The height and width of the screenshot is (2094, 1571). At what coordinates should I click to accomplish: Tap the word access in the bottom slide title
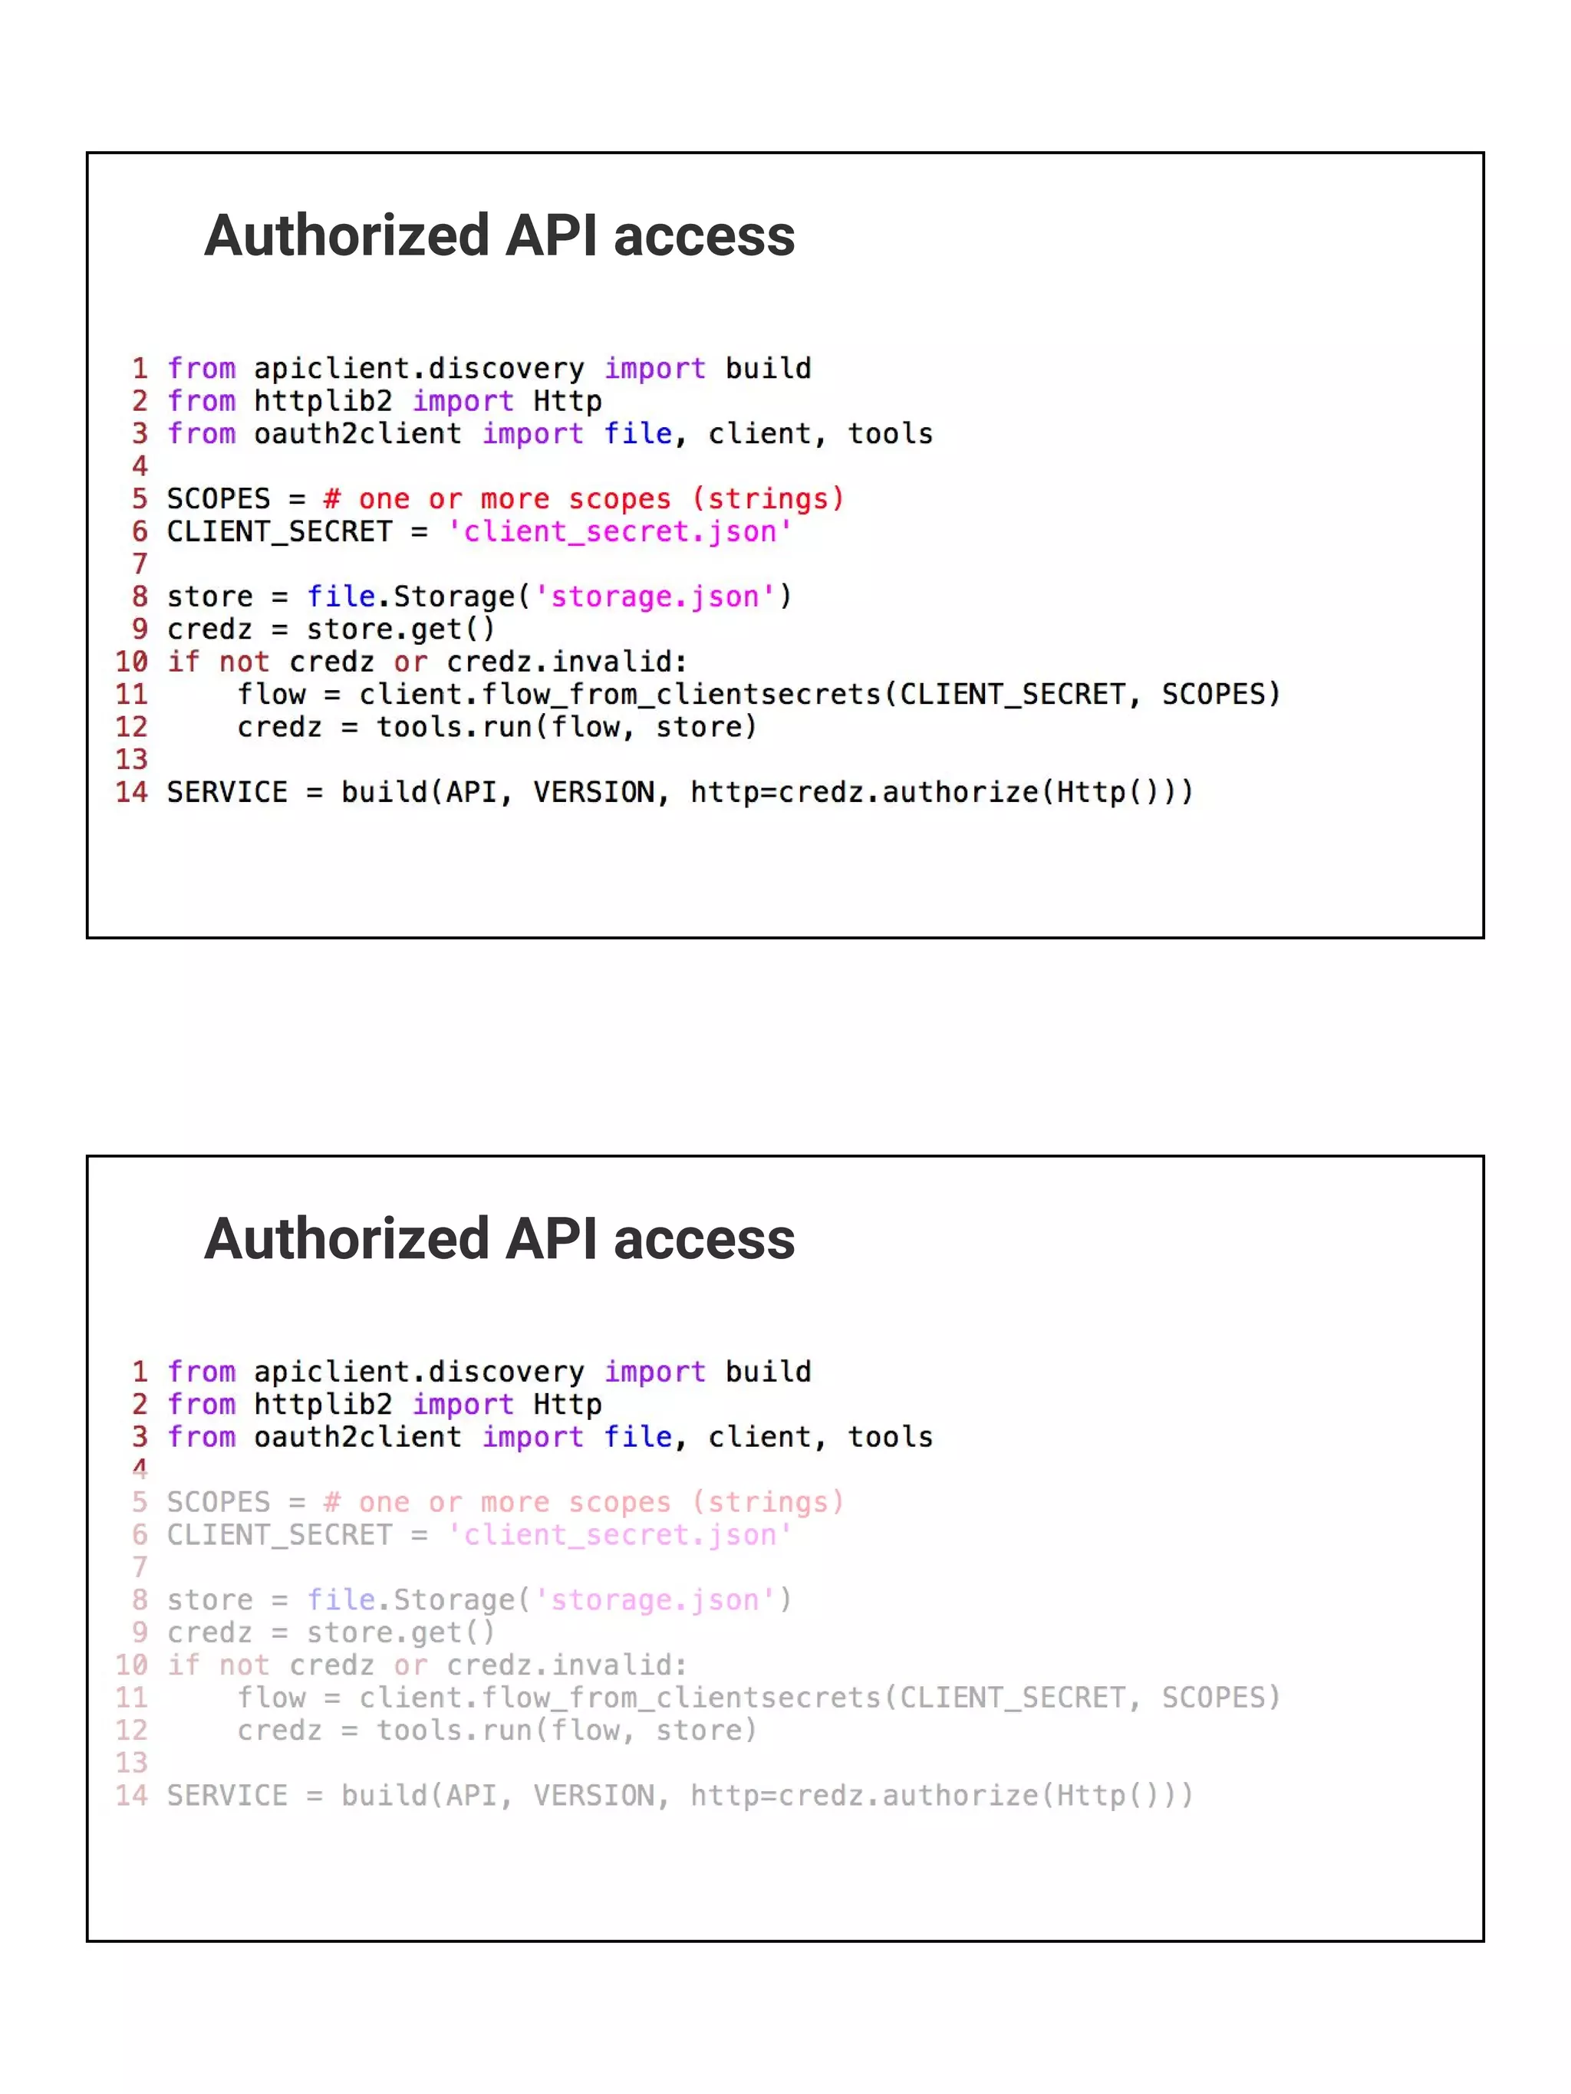coord(703,1239)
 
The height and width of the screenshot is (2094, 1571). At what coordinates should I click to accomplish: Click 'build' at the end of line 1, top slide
coord(768,368)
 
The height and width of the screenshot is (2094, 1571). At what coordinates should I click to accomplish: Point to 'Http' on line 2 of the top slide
coord(567,401)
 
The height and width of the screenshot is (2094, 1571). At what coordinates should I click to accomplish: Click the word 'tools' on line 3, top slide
coord(890,433)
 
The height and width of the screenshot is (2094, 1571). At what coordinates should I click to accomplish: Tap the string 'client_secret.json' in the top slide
coord(619,532)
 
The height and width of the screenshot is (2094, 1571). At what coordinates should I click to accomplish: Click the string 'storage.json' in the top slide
coord(655,597)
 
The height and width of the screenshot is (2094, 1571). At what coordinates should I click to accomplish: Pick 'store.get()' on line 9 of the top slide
coord(400,630)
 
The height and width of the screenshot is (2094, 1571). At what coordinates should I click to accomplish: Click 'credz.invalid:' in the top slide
coord(566,662)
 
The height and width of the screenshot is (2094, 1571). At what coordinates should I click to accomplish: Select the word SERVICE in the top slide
coord(227,791)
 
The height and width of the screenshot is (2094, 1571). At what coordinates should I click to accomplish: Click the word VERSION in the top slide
coord(594,791)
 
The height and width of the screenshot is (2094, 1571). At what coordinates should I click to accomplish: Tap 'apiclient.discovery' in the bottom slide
coord(419,1372)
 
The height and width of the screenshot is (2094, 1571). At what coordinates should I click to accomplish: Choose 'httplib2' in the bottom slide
coord(323,1404)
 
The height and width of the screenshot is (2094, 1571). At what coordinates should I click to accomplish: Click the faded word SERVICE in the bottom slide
coord(227,1795)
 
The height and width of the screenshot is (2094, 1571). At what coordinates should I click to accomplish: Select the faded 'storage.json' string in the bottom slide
coord(655,1600)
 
